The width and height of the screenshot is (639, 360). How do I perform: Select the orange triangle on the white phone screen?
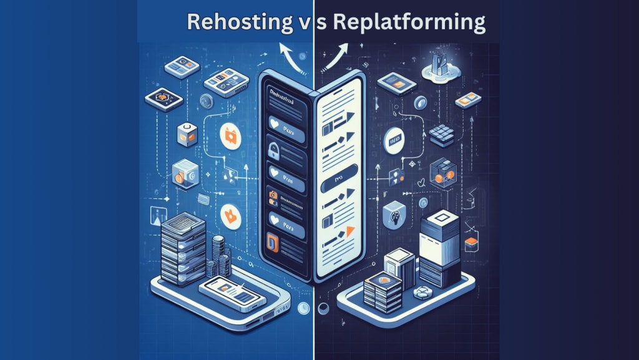[349, 231]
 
